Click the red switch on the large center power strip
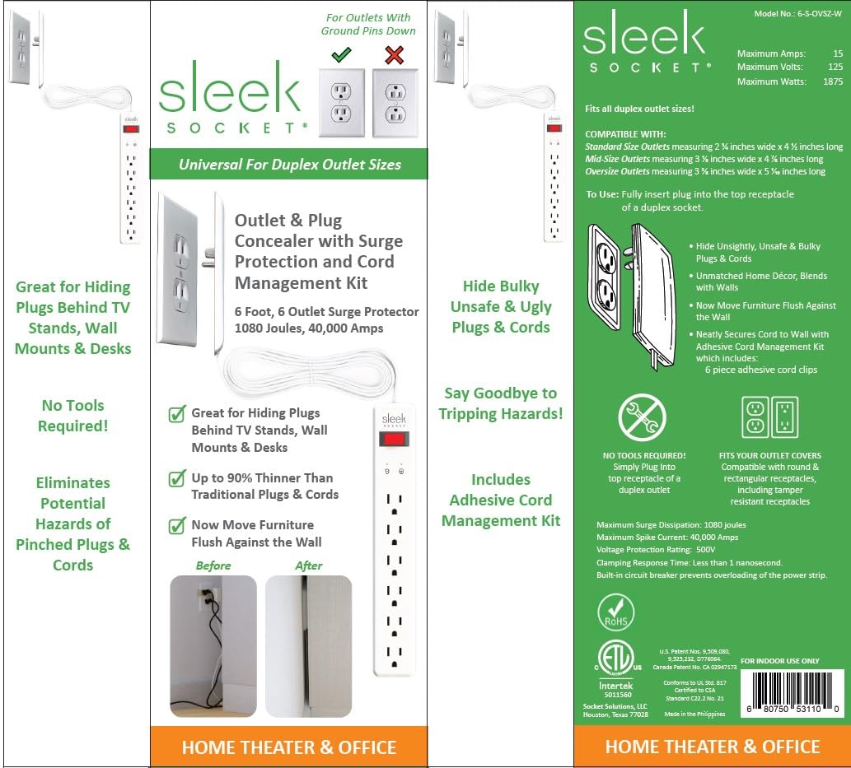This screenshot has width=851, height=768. (x=395, y=439)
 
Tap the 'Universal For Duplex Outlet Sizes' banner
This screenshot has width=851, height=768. (x=289, y=165)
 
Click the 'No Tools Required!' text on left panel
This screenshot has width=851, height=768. (x=74, y=416)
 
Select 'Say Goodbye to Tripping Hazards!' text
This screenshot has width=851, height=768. (x=501, y=403)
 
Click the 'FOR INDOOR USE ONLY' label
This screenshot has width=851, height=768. (x=779, y=660)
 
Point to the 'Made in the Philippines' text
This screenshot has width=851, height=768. (x=694, y=714)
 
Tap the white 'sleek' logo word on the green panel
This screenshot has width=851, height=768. (x=643, y=39)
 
